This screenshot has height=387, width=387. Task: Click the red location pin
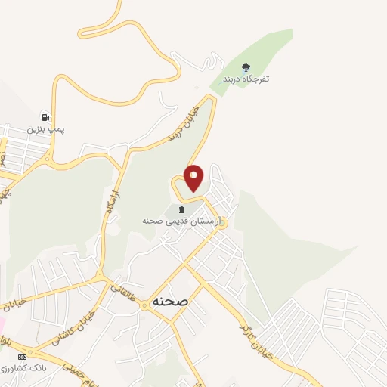click(x=194, y=178)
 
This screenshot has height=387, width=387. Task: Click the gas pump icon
click(x=46, y=118)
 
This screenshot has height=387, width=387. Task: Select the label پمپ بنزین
click(x=46, y=130)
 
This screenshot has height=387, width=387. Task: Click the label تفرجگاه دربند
click(x=246, y=79)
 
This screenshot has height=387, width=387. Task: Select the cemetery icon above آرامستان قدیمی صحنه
click(x=181, y=209)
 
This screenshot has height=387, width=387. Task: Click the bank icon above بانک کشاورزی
click(x=23, y=356)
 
